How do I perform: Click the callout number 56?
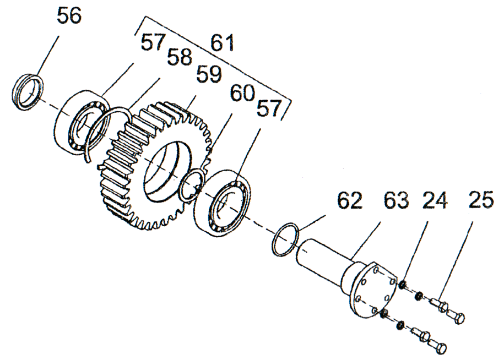(68, 17)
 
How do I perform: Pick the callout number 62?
(348, 201)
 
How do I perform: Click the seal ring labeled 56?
(27, 92)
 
